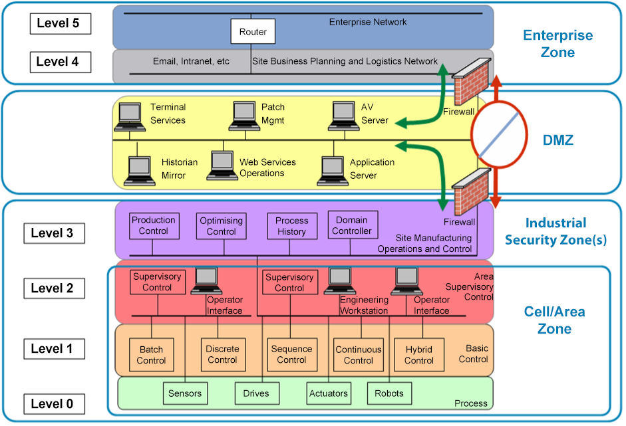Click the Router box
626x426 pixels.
pos(253,32)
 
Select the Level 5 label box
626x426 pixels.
pos(60,23)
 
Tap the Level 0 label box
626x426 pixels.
pos(60,403)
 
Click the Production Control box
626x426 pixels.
pos(154,226)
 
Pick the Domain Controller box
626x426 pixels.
pos(353,226)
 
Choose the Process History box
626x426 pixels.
pos(291,226)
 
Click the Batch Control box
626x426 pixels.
pos(151,355)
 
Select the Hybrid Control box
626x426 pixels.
pos(418,355)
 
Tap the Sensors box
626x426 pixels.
pos(185,393)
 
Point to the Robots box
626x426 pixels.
pos(389,393)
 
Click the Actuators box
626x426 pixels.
pos(329,393)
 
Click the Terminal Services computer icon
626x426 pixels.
pos(130,116)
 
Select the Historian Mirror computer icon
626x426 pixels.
pos(140,170)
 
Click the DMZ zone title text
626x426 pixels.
pos(557,140)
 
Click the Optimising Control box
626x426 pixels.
pos(222,226)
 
